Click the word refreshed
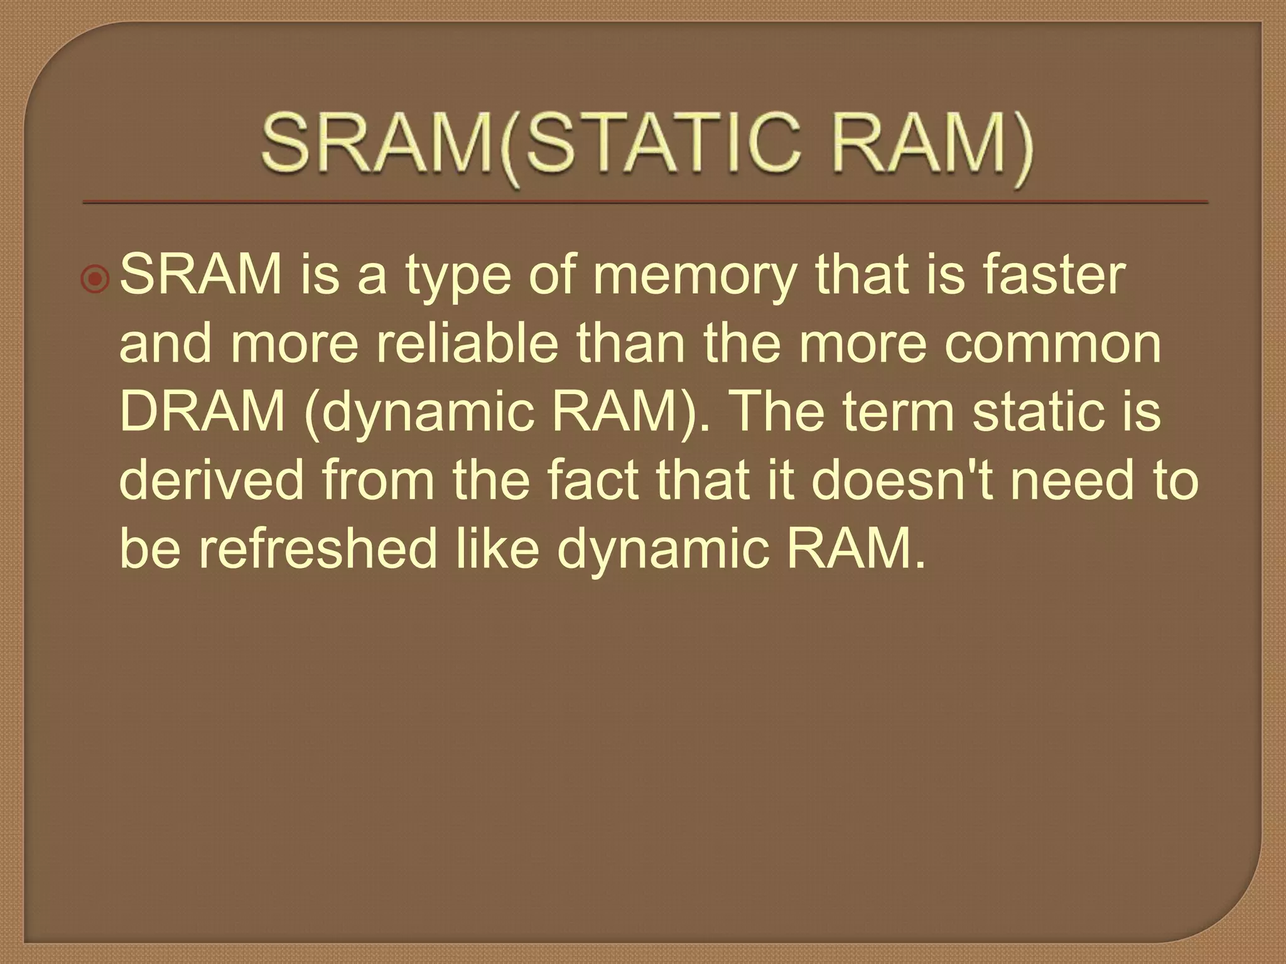tap(318, 549)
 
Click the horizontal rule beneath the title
tap(645, 203)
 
